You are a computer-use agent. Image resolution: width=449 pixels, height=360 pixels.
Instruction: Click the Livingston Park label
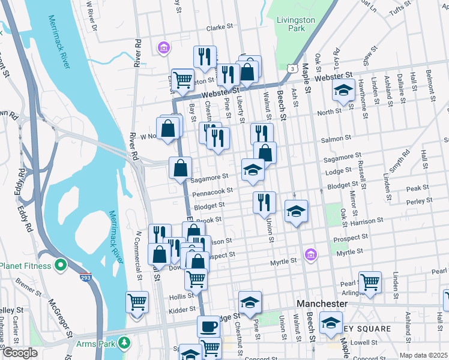click(x=295, y=24)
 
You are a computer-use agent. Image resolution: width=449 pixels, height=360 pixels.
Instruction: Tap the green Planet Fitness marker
click(x=61, y=265)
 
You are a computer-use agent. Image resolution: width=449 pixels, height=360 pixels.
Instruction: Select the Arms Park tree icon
click(x=124, y=343)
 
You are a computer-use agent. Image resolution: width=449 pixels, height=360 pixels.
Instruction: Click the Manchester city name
click(x=321, y=304)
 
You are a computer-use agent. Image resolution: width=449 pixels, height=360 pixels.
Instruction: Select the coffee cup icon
click(x=208, y=327)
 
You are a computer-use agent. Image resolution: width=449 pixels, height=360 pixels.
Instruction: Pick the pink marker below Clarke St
click(x=163, y=47)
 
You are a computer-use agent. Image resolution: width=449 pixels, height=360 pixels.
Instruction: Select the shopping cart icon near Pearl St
click(x=370, y=282)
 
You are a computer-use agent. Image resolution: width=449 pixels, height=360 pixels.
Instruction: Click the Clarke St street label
click(x=219, y=28)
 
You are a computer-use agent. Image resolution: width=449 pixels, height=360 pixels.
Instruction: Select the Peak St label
click(x=414, y=188)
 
